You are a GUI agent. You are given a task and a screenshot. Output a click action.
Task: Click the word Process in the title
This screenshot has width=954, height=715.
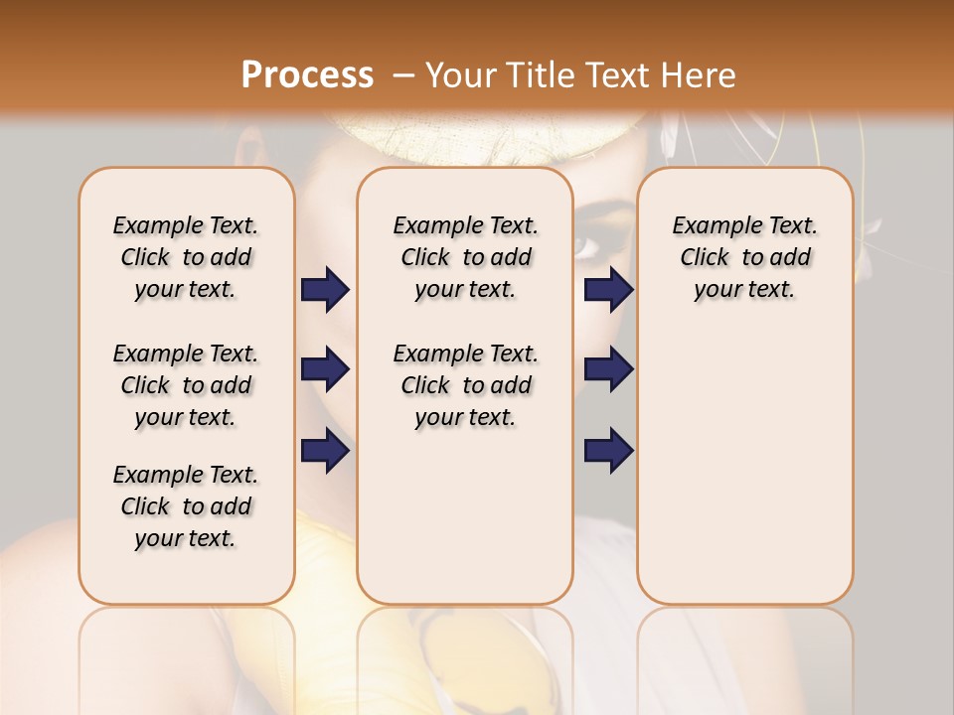coord(307,75)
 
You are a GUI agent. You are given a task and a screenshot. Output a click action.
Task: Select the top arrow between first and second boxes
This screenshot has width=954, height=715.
coord(325,289)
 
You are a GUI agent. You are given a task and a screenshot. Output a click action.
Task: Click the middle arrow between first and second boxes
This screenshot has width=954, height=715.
coord(325,369)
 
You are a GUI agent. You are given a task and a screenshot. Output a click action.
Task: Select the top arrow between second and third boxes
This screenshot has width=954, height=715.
coord(608,289)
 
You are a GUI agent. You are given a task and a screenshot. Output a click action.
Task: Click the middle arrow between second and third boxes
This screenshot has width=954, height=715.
coord(608,369)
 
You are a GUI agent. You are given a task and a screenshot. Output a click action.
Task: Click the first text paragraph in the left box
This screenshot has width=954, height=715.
coord(186,257)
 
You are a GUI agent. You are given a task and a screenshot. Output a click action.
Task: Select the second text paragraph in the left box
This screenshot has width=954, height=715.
coord(186,385)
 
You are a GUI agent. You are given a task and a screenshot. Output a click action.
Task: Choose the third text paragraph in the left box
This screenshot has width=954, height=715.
coord(186,506)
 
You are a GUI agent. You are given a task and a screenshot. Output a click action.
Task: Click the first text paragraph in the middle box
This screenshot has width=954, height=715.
coord(465,257)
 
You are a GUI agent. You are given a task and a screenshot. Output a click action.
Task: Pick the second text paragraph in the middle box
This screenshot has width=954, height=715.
coord(465,385)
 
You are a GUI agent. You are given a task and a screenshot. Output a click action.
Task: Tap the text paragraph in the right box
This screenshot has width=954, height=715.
coord(744,257)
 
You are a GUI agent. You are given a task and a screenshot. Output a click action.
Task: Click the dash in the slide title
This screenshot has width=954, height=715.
coord(402,76)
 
